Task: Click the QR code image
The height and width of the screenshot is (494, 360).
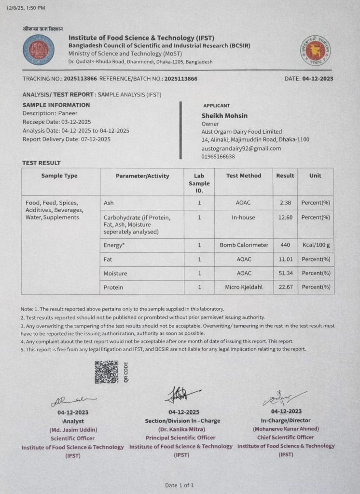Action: coord(106,372)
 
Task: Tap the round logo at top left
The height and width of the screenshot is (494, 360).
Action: coord(39,50)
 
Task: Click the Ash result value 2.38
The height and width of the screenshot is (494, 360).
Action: coord(285,203)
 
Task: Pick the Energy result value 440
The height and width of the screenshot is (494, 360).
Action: coord(285,245)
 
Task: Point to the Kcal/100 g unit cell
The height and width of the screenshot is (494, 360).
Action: coord(315,245)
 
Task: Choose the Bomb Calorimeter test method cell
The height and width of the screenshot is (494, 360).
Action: coord(244,245)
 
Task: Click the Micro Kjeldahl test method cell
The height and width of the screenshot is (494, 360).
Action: coord(244,287)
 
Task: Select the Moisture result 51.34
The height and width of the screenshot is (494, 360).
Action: coord(285,273)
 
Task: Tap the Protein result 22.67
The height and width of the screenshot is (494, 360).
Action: coord(285,287)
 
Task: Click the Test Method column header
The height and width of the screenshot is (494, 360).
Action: coord(244,176)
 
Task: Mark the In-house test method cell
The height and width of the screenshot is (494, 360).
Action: coord(244,217)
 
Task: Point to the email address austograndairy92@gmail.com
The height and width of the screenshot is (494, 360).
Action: coord(241,148)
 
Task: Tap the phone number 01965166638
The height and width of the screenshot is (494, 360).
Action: coord(218,156)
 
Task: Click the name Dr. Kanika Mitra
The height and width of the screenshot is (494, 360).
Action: coord(181,429)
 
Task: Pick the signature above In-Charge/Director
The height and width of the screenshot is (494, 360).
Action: coord(283,398)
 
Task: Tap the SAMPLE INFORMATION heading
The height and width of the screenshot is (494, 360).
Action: coord(56,105)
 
